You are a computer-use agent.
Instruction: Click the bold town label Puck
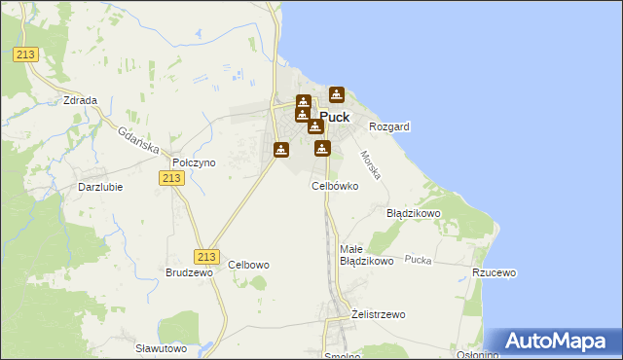(x=335, y=117)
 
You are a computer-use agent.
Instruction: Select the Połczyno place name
(x=193, y=162)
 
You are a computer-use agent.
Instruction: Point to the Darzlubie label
(x=100, y=186)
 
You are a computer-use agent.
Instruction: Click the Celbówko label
(x=335, y=185)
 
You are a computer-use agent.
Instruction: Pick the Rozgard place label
(x=389, y=126)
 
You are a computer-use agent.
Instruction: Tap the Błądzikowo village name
(x=414, y=212)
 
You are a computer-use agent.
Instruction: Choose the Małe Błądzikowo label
(x=366, y=255)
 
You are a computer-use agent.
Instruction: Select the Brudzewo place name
(x=189, y=273)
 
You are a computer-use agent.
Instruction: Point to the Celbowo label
(x=248, y=265)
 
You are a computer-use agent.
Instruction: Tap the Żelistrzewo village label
(x=378, y=314)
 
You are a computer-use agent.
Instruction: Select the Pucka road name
(x=418, y=260)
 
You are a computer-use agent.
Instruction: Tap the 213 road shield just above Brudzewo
(x=204, y=256)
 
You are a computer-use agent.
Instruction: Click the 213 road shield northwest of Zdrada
(x=25, y=54)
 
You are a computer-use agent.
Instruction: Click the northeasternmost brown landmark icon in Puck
(x=337, y=94)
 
